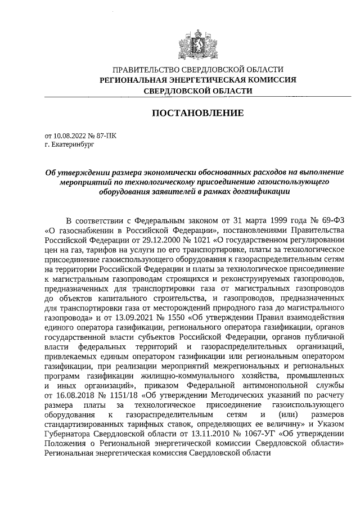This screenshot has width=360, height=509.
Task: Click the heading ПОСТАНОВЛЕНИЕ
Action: click(198, 113)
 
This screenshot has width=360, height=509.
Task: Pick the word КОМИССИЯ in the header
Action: click(272, 80)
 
